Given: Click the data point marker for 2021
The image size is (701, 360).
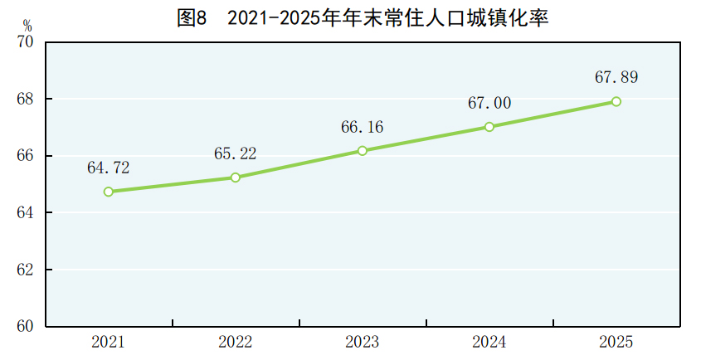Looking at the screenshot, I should tap(109, 192).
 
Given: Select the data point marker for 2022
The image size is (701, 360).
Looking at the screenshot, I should tap(236, 178).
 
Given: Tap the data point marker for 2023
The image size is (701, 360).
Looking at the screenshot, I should tap(363, 151).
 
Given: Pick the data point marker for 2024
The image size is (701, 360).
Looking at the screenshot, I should tap(489, 127).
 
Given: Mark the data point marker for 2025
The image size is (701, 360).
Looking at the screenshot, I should tap(616, 101).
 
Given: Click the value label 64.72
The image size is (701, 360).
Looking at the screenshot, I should tap(109, 168).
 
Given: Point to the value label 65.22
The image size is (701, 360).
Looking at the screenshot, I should tap(236, 153).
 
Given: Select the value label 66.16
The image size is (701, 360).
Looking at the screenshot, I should tap(363, 127).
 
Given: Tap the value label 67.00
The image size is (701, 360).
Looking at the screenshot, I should tap(489, 104).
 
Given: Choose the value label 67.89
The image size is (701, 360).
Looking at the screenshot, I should tap(616, 78).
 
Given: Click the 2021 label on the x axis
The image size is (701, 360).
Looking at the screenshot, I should tap(109, 342).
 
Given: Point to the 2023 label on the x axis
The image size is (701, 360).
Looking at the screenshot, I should tap(363, 342).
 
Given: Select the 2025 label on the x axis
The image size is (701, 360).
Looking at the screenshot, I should tap(616, 342).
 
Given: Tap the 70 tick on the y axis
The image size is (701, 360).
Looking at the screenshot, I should tap(26, 42).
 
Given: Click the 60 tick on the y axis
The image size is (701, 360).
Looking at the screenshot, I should tap(26, 327).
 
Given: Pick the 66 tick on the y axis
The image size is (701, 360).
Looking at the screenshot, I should tap(26, 156).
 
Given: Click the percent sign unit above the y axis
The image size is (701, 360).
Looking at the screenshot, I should tap(27, 26).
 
